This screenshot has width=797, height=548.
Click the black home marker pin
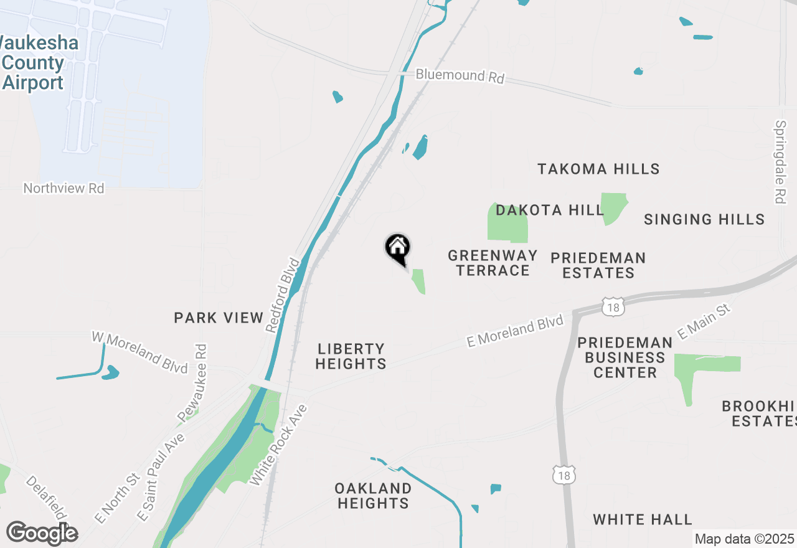tap(397, 248)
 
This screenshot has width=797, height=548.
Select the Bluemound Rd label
tap(460, 76)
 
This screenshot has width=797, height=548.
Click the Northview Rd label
tap(64, 188)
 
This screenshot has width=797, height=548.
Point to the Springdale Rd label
tap(781, 162)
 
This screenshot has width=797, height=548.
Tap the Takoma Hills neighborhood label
tap(598, 169)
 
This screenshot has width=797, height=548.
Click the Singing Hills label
tap(704, 219)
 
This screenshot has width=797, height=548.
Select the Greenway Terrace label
tap(493, 263)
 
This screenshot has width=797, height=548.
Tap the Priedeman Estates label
tap(598, 265)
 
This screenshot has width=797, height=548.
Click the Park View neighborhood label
tap(219, 318)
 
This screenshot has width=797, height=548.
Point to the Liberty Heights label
tap(351, 356)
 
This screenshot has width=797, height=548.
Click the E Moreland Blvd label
tap(515, 331)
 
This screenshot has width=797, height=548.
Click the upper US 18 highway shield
tap(613, 306)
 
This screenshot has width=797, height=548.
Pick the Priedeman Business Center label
tap(625, 357)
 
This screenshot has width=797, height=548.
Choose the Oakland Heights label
tap(373, 496)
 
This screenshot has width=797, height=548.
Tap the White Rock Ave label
tap(278, 445)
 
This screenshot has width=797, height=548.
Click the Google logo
tap(42, 534)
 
